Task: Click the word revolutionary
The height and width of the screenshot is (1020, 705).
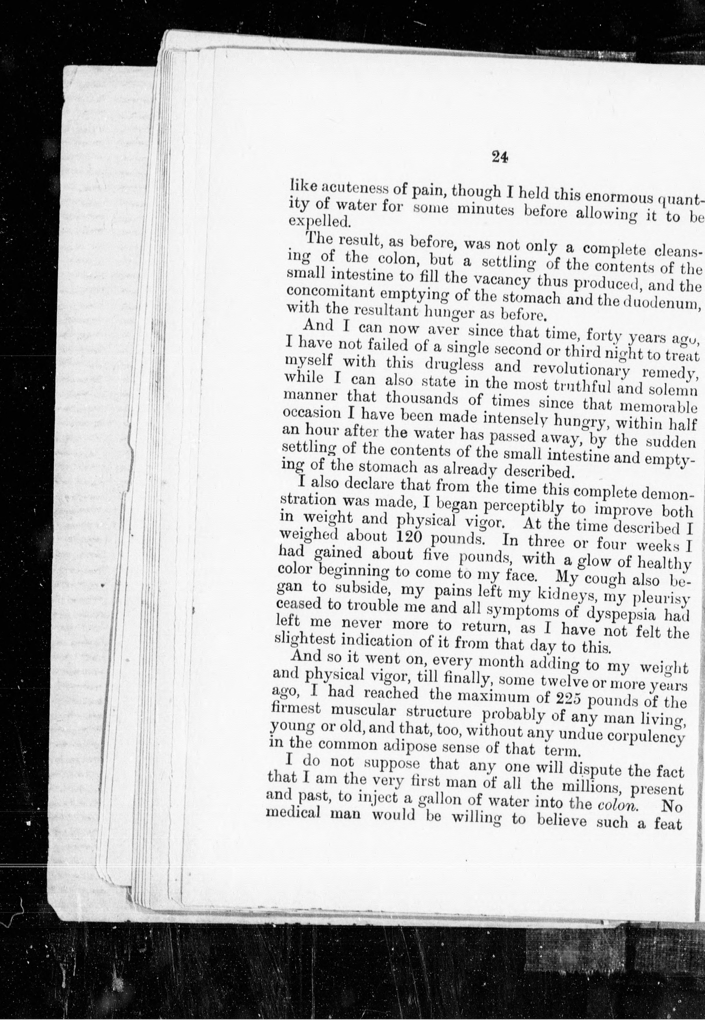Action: tap(583, 370)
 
